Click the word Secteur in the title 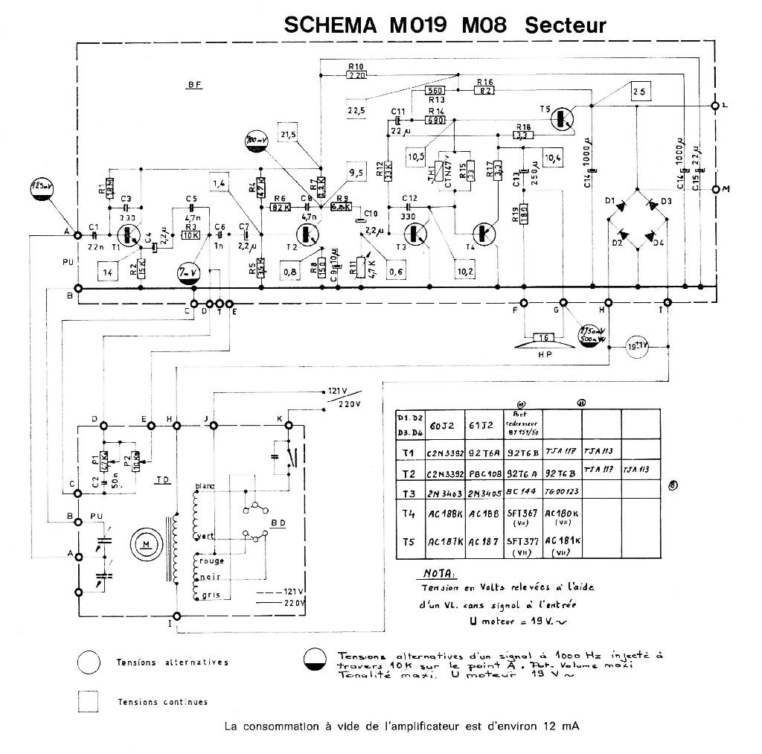[x=566, y=25]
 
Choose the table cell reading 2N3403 [x=446, y=492]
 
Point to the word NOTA [x=440, y=574]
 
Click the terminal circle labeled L [x=715, y=105]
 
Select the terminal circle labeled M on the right [x=715, y=189]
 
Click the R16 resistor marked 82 [x=485, y=91]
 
